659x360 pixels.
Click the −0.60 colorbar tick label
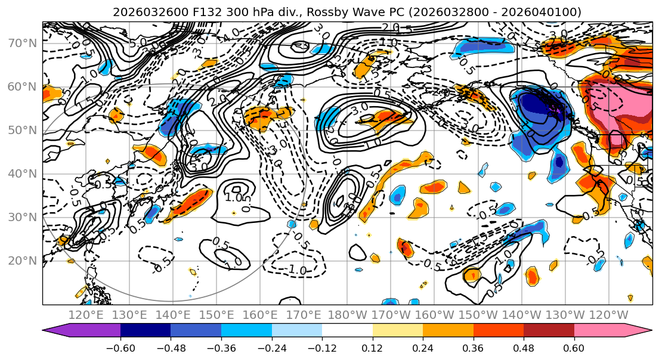click(120, 347)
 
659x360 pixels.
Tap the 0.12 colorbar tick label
click(372, 347)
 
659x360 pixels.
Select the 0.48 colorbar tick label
click(524, 347)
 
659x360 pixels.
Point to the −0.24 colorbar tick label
click(271, 347)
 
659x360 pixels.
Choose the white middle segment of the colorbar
click(347, 331)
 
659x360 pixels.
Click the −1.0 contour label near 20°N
click(296, 270)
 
